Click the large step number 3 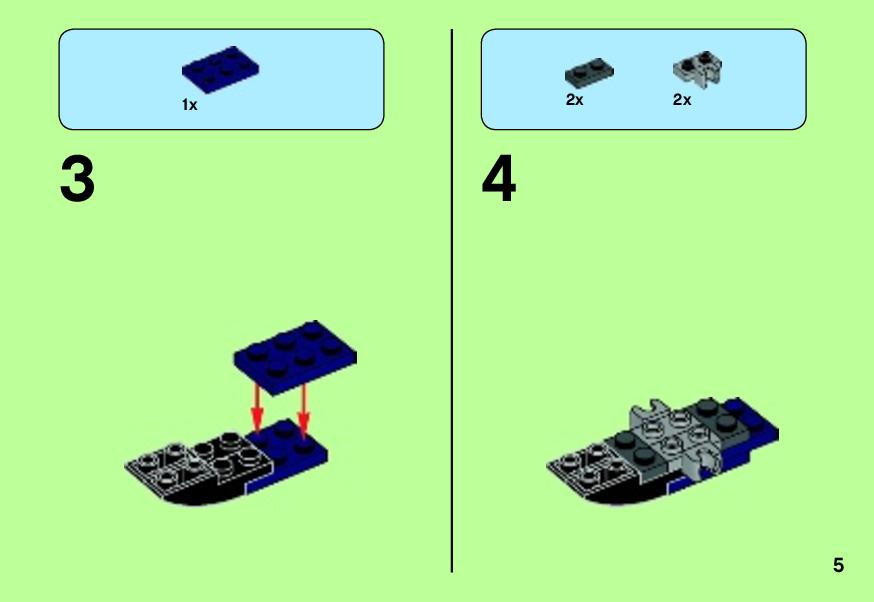tap(77, 179)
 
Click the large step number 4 tap(499, 179)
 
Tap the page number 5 tap(838, 565)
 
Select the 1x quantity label tap(190, 105)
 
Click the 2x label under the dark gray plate tap(574, 100)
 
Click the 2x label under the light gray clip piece tap(682, 100)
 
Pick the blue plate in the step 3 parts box tap(220, 69)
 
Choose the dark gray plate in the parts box tap(589, 71)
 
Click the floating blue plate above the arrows tap(295, 357)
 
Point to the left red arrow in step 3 tap(256, 407)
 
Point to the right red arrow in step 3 tap(303, 407)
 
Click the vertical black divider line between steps tap(452, 301)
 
